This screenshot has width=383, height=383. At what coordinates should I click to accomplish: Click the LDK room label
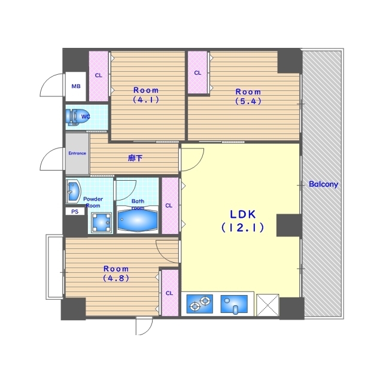coord(243,221)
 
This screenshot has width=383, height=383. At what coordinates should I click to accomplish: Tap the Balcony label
coord(323,184)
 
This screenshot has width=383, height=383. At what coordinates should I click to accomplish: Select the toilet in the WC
coord(74,117)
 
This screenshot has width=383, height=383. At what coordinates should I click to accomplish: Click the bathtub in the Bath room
coord(138,220)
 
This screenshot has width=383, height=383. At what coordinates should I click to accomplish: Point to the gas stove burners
coord(199,304)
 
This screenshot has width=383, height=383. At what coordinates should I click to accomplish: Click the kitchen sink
coord(234,304)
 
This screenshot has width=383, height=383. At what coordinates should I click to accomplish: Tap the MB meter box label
coord(76,86)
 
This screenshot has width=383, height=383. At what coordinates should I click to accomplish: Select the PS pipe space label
coord(75,211)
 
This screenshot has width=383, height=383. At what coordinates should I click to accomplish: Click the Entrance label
coord(77,153)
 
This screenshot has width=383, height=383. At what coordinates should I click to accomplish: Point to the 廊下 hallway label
coord(135,158)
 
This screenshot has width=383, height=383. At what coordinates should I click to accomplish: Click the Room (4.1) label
coord(146,95)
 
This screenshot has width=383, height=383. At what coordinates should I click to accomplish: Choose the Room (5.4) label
coord(248,96)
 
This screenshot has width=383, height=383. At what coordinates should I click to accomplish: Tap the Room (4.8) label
coord(116,273)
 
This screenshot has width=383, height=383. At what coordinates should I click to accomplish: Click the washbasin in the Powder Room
coord(72,191)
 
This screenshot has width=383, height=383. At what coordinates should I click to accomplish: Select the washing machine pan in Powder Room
coord(102,223)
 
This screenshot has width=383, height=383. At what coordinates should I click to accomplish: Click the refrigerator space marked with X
coord(268,305)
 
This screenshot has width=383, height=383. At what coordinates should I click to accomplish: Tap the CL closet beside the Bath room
coord(170,205)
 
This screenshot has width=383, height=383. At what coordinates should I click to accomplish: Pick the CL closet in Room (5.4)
coord(197,72)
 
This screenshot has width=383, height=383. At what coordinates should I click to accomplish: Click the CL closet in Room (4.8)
coord(170,293)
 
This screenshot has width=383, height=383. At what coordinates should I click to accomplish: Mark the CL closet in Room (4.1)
coord(98,76)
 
